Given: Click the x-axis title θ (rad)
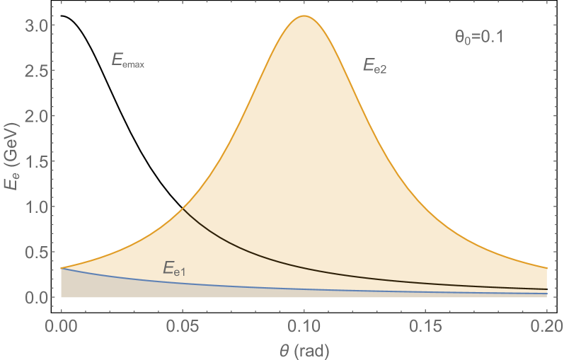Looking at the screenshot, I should [x=304, y=349].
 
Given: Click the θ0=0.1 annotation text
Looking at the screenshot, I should [x=478, y=38].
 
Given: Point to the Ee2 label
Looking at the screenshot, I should [x=375, y=66].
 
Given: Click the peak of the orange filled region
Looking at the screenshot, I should [x=304, y=16].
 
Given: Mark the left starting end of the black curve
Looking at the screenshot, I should [x=183, y=209].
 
